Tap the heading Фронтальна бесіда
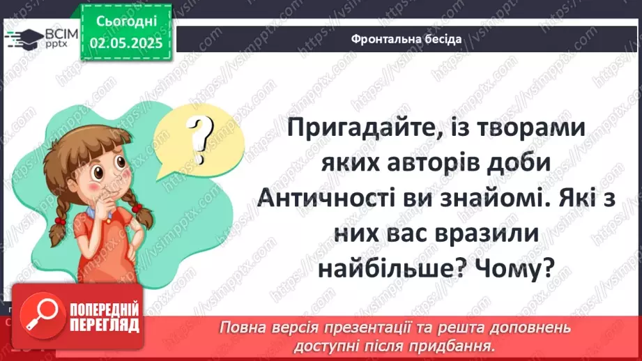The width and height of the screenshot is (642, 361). [x=407, y=39]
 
